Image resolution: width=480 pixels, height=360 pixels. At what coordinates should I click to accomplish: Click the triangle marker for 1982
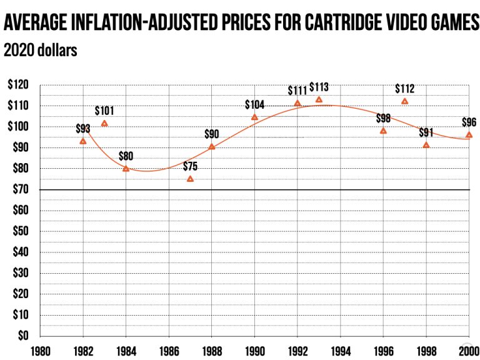coord(83,141)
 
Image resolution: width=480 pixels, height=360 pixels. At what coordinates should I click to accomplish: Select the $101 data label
coord(105,111)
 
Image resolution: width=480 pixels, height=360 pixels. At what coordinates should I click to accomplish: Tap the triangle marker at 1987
coord(190,179)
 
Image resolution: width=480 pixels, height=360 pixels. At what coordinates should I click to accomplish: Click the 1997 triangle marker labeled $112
coord(404,101)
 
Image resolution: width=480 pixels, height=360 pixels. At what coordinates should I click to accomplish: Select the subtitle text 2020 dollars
coord(41,51)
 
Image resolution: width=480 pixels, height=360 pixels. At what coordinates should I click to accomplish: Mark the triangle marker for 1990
coord(254,117)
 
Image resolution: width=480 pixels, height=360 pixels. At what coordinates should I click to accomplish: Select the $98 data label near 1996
coord(383,118)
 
